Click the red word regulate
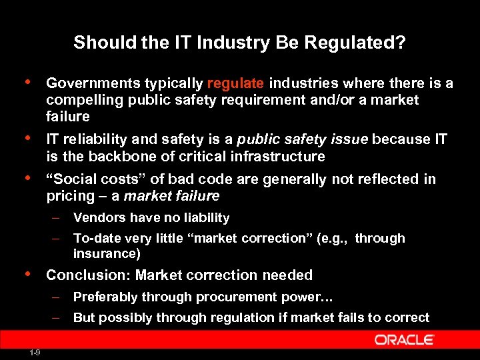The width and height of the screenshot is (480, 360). [236, 83]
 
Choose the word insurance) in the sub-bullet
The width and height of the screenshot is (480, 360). [107, 254]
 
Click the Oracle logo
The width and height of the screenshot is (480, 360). [404, 340]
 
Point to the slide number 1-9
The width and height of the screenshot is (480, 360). [35, 353]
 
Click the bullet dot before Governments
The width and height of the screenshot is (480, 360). [26, 82]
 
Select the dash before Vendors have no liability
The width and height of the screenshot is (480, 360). [58, 218]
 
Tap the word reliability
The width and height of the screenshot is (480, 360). [91, 139]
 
